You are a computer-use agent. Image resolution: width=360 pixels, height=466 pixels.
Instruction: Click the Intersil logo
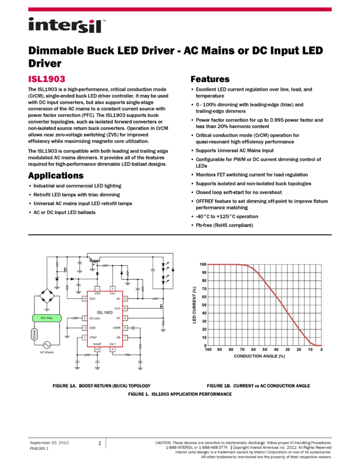coord(67,26)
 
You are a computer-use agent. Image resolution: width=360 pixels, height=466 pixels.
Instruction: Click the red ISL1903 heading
coord(47,79)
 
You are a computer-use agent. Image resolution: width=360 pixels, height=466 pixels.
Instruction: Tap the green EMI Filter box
coord(47,318)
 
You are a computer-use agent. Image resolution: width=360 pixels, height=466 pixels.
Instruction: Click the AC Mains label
coord(47,353)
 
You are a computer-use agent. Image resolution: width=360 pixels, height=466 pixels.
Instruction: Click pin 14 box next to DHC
coord(84,299)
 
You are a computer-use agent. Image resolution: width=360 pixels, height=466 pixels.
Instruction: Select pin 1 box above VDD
coord(97,288)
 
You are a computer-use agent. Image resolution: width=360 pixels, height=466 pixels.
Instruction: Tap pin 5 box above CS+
coord(112,288)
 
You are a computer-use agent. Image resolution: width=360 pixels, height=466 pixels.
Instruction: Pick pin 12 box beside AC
coord(125,299)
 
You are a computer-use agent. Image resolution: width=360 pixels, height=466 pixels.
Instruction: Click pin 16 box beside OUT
coord(125,309)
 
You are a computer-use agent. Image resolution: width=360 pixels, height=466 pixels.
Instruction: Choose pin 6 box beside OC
coord(125,318)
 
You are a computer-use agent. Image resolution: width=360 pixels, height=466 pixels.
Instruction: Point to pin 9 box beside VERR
coord(125,328)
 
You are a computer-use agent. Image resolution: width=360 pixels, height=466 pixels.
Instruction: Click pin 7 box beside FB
coord(125,338)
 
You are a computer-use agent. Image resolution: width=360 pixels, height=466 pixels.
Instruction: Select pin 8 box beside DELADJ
coord(84,318)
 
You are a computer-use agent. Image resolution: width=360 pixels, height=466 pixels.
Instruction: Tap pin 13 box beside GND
coord(84,328)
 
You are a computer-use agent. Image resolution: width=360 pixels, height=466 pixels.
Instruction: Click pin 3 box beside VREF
coord(84,338)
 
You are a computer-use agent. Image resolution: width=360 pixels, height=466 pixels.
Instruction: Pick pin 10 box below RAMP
coord(97,349)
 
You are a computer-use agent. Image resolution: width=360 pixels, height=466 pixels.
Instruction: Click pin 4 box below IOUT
coord(112,349)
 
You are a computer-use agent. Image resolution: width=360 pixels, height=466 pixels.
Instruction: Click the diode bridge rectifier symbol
coord(47,289)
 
